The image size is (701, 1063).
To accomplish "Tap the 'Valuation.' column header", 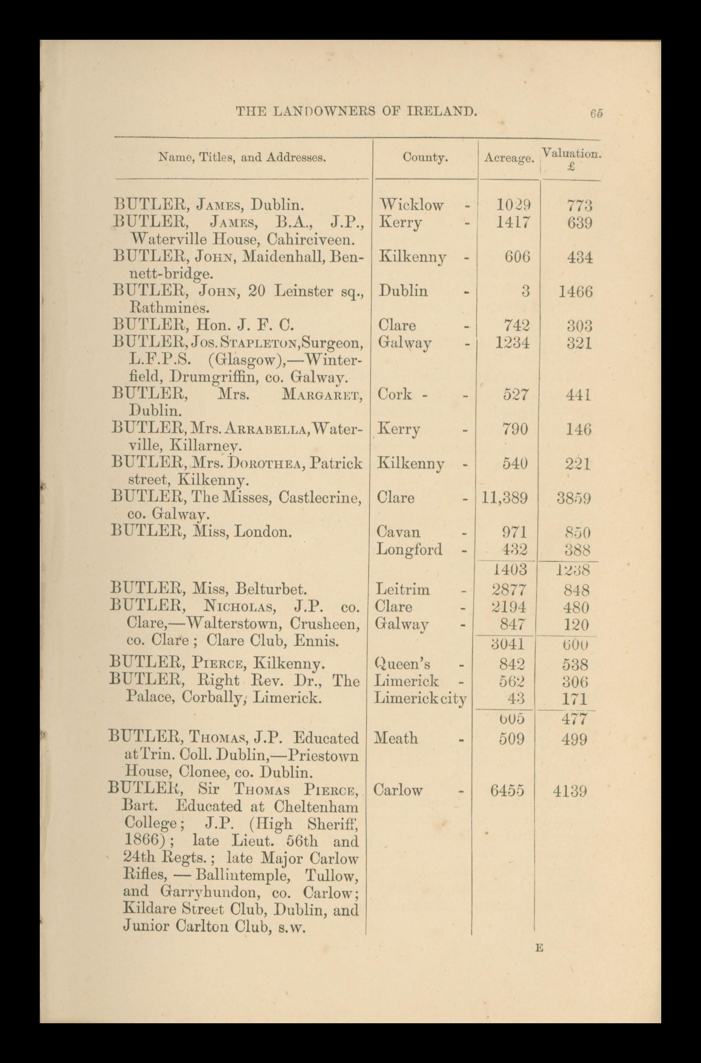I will click(x=572, y=153).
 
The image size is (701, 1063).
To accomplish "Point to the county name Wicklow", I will click(x=411, y=205).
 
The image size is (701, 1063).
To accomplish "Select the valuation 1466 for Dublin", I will click(x=575, y=292).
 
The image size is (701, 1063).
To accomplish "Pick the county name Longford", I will click(x=409, y=549).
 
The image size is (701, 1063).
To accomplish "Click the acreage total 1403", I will click(x=509, y=569).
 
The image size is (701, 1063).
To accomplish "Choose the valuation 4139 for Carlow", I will click(x=569, y=791).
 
